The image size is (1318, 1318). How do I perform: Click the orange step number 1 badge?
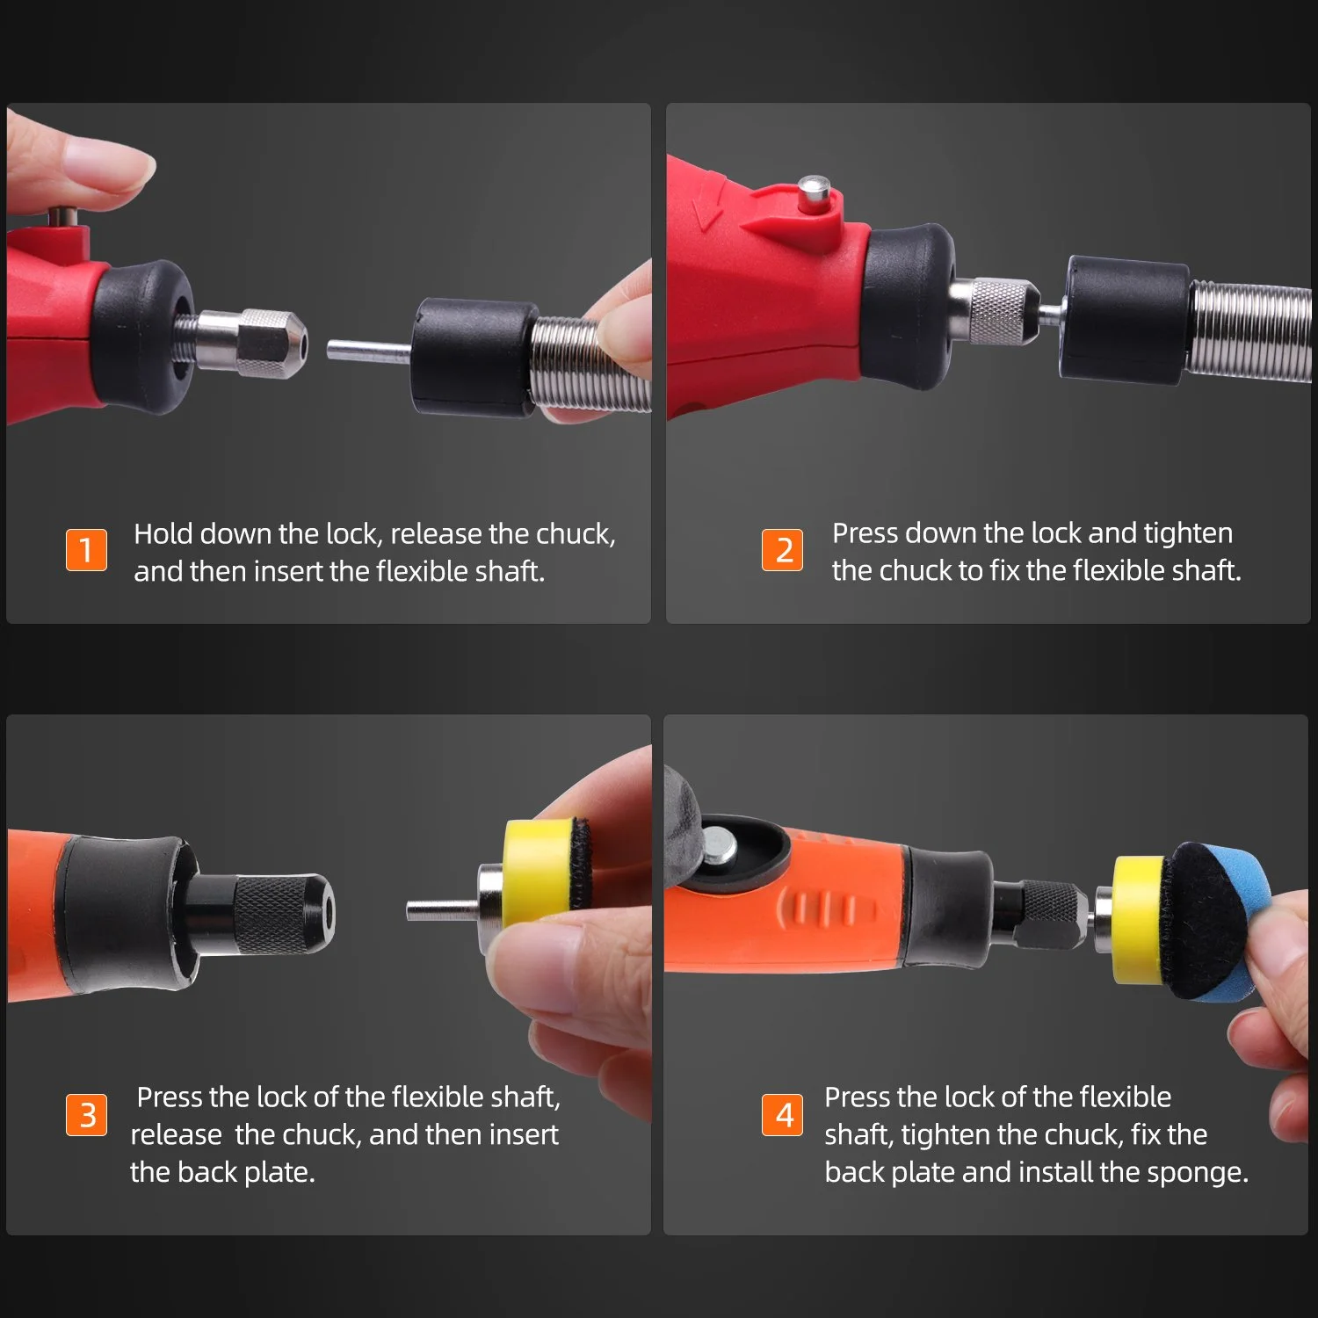(86, 549)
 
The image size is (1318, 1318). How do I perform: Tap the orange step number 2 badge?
(782, 549)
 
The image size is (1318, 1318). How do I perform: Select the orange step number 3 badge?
(86, 1114)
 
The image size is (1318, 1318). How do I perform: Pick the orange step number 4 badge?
(782, 1114)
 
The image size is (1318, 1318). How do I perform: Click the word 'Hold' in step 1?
(163, 533)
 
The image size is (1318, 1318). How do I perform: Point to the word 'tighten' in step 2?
(1188, 533)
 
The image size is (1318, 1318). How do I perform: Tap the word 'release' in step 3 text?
(176, 1135)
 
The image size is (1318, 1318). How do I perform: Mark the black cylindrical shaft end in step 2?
(1126, 321)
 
